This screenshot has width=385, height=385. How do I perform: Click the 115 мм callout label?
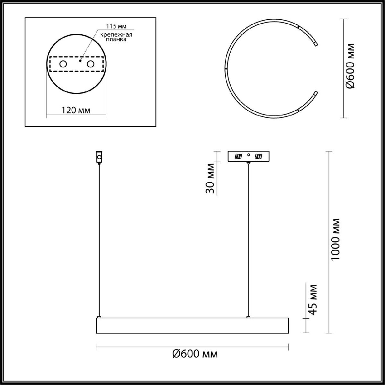click(116, 26)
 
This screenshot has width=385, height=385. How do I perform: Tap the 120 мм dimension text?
click(76, 110)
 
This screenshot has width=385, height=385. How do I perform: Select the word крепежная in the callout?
click(116, 35)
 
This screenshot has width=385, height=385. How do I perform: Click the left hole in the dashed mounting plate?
click(63, 64)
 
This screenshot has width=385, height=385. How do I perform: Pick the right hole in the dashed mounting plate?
click(90, 64)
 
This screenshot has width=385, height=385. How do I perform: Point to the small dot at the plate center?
click(80, 61)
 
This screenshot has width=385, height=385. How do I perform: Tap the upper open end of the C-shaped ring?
click(315, 44)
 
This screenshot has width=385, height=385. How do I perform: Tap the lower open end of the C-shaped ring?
click(315, 93)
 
